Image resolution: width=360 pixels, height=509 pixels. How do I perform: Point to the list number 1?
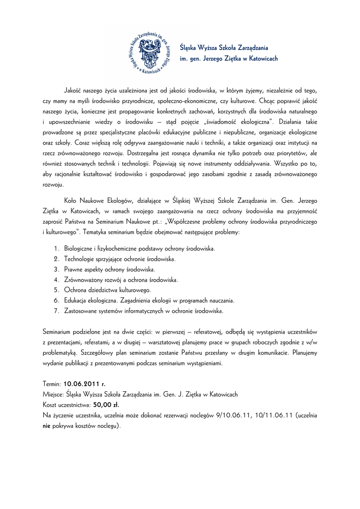pyautogui.click(x=56, y=248)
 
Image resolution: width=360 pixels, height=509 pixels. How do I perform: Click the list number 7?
pyautogui.click(x=56, y=311)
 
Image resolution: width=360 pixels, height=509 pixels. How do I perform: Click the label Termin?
pyautogui.click(x=52, y=384)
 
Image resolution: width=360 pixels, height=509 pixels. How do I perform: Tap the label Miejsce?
pyautogui.click(x=54, y=394)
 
